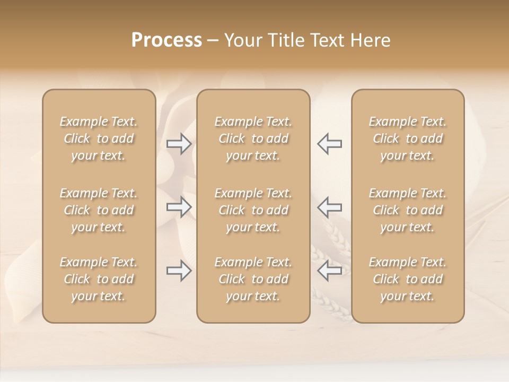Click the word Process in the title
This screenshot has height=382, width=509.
166,40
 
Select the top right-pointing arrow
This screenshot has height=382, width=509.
179,144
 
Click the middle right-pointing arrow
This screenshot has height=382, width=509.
179,207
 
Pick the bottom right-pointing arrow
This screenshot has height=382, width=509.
179,271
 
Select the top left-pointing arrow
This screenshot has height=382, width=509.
330,144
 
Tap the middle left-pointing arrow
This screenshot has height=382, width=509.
330,207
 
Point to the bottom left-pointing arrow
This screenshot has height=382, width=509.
330,271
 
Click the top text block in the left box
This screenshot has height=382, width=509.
99,138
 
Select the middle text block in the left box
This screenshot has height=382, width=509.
99,210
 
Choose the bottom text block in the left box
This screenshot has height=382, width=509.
99,279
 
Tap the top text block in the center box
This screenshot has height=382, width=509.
253,138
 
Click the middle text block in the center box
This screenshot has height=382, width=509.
253,210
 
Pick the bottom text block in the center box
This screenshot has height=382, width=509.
253,279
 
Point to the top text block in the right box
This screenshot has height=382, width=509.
408,138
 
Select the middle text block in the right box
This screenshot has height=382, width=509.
408,210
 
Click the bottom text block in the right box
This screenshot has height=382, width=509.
408,279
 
